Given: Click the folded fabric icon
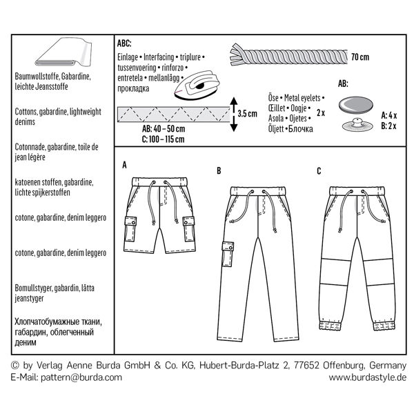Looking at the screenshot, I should pyautogui.click(x=66, y=54).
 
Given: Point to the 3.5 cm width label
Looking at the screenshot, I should pyautogui.click(x=247, y=113).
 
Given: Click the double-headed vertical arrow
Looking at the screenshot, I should pyautogui.click(x=233, y=113).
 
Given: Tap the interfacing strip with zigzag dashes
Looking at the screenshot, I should pyautogui.click(x=173, y=112).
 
